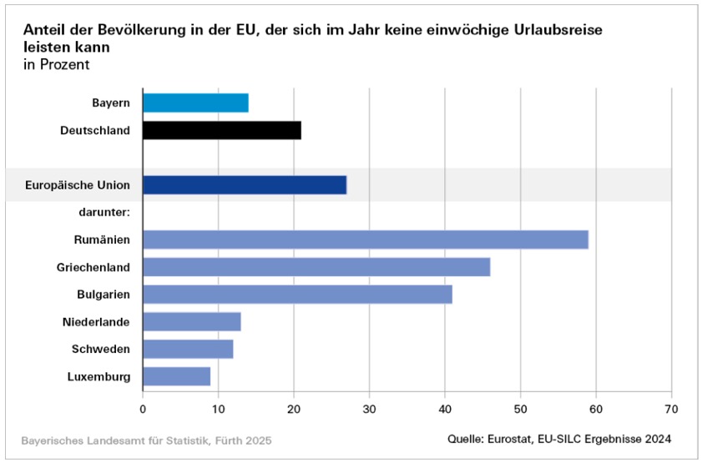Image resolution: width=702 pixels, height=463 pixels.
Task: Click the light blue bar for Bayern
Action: point(195,103)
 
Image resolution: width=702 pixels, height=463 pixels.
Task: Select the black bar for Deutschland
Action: point(221,130)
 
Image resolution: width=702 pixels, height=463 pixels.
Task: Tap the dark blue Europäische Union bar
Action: point(244,184)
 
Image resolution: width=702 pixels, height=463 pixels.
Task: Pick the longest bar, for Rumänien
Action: point(365,239)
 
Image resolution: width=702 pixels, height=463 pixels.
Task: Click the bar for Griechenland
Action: point(316,267)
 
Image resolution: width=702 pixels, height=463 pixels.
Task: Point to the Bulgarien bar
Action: point(297,294)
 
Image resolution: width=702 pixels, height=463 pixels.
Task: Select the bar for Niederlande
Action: point(191,321)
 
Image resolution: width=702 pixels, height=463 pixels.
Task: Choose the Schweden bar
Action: point(188,349)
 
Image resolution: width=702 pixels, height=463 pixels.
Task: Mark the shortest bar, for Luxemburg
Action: point(176,376)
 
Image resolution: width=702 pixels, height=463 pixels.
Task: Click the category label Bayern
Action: point(111,103)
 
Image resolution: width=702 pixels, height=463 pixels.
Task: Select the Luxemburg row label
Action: point(98,376)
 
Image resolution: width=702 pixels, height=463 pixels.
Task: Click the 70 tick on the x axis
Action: point(671,409)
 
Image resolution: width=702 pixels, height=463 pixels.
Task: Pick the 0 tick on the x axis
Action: point(143,409)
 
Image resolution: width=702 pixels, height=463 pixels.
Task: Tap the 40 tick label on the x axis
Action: point(445,409)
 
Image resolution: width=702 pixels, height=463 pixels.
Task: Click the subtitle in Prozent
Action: point(56,64)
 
